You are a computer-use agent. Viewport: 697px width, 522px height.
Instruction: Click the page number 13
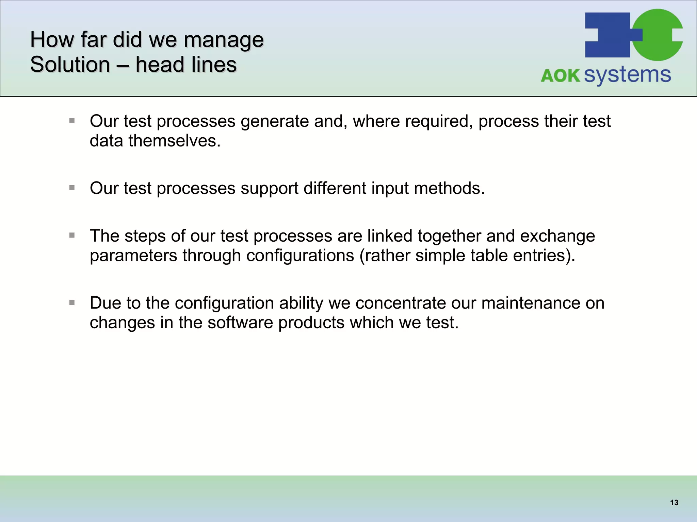click(x=674, y=503)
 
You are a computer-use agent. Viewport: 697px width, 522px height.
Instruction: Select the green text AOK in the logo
click(x=560, y=75)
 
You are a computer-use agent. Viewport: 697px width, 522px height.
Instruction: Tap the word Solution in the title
click(x=70, y=65)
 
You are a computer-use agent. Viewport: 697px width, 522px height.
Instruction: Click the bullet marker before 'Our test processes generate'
click(x=72, y=121)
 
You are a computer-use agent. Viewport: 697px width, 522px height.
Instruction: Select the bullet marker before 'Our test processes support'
click(x=72, y=188)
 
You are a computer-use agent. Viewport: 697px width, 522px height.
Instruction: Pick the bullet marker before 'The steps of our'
click(x=72, y=235)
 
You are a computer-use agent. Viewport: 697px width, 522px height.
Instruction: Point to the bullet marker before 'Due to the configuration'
click(x=72, y=302)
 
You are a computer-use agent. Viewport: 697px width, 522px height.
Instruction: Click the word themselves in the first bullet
click(x=174, y=141)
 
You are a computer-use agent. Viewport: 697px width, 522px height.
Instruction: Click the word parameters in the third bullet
click(x=133, y=256)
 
